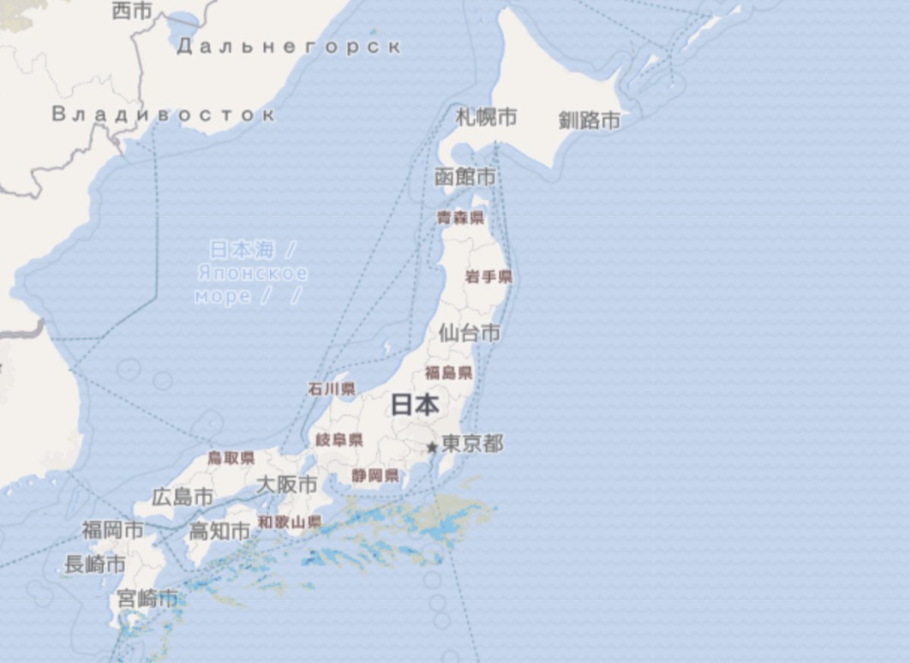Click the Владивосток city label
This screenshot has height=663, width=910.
pyautogui.click(x=163, y=115)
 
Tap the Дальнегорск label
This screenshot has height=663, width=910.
pyautogui.click(x=288, y=47)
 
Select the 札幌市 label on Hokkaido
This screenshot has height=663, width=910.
pyautogui.click(x=486, y=117)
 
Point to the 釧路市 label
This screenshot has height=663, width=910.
pyautogui.click(x=589, y=120)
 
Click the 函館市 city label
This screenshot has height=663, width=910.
pyautogui.click(x=465, y=177)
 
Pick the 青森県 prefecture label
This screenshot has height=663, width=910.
pyautogui.click(x=460, y=218)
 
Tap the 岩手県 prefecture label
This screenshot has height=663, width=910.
pyautogui.click(x=488, y=277)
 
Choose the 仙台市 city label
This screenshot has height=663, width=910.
pyautogui.click(x=469, y=332)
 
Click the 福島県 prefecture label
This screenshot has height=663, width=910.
pyautogui.click(x=448, y=372)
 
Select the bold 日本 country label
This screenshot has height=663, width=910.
pyautogui.click(x=415, y=405)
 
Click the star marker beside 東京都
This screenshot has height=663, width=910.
pyautogui.click(x=431, y=448)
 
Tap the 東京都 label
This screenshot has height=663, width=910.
pyautogui.click(x=472, y=444)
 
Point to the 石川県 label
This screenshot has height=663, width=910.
pyautogui.click(x=331, y=389)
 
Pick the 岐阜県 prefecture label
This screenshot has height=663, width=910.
pyautogui.click(x=339, y=440)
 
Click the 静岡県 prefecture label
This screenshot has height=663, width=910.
pyautogui.click(x=375, y=476)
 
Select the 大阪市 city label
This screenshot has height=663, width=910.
pyautogui.click(x=287, y=484)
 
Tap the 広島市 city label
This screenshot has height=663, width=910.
pyautogui.click(x=183, y=497)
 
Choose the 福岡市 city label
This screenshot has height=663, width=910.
pyautogui.click(x=112, y=529)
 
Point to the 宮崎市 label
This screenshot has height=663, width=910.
pyautogui.click(x=147, y=598)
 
